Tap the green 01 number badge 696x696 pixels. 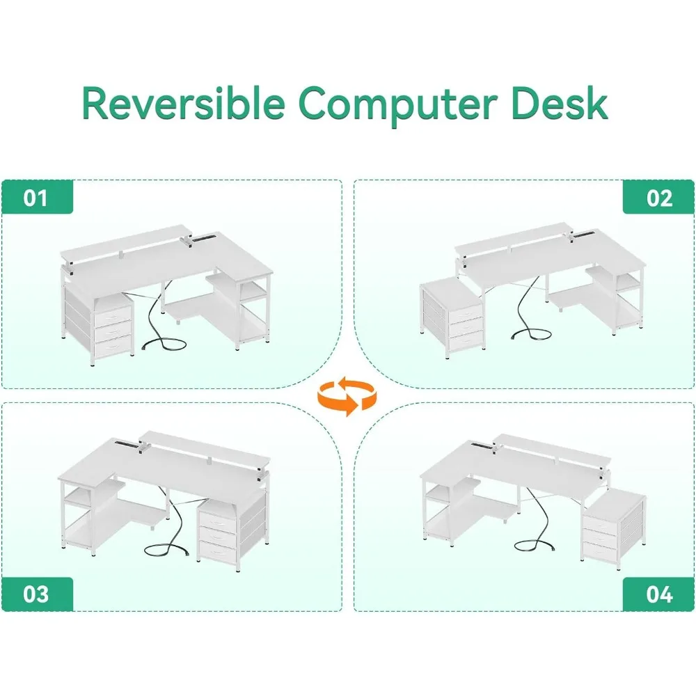tap(35, 197)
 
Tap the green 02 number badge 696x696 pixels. tap(659, 197)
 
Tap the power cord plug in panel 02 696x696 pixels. tap(516, 337)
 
